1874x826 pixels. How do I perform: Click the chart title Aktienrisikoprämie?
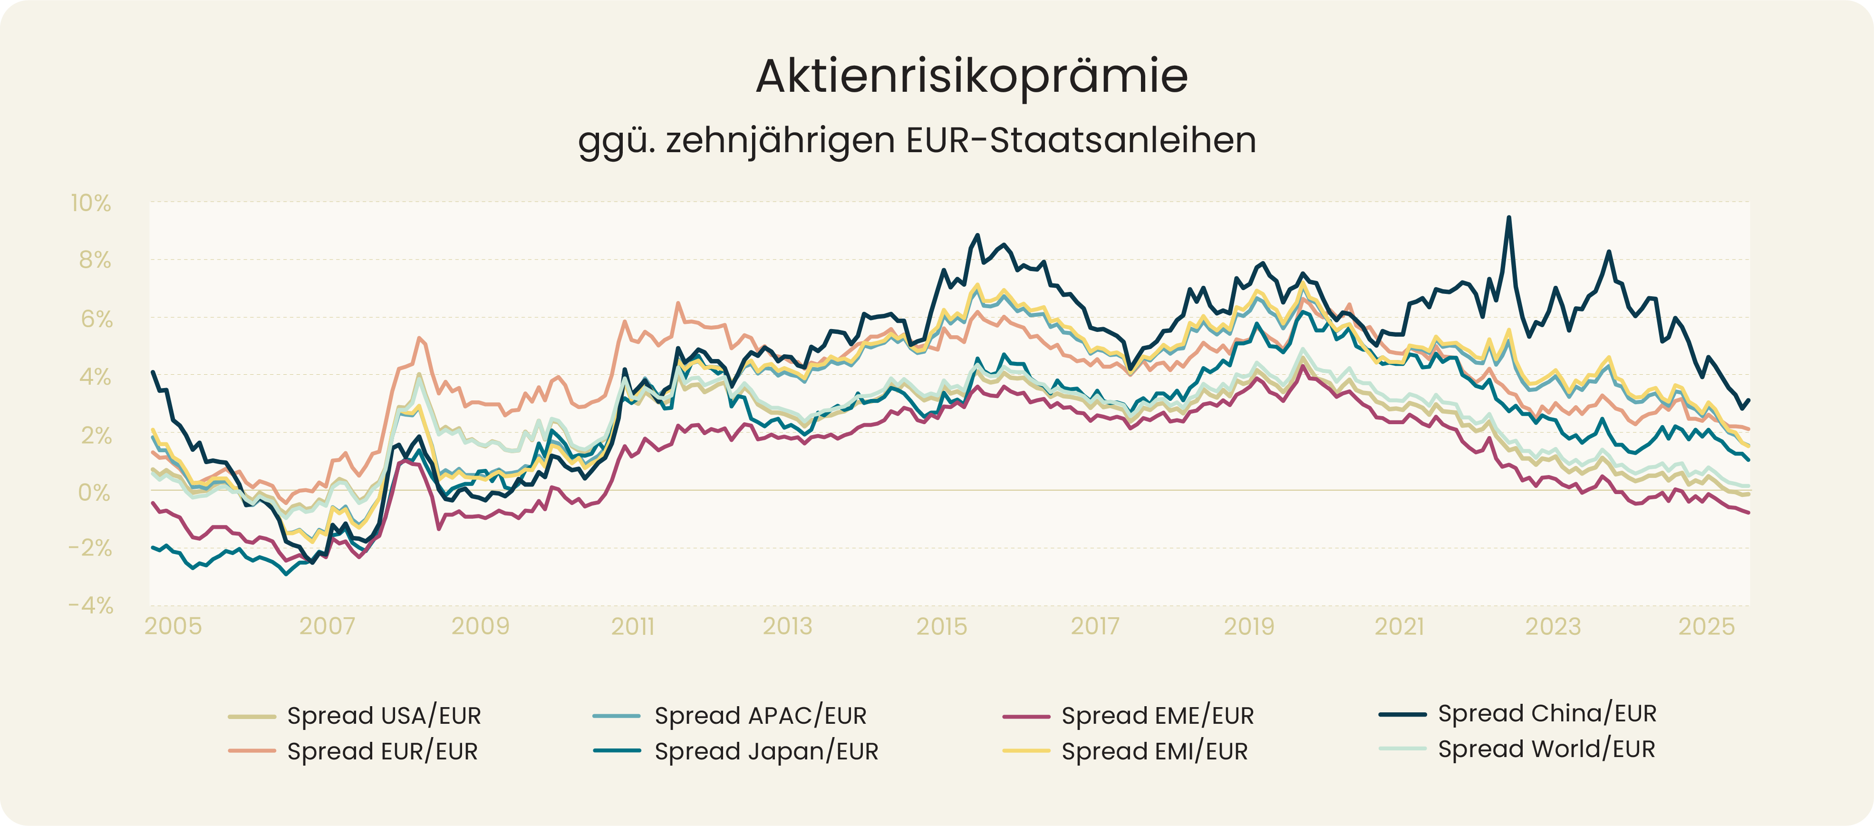coord(971,76)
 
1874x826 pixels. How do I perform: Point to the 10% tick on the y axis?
coord(91,203)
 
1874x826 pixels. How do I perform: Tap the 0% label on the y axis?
coord(95,493)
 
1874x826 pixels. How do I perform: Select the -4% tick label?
coord(91,605)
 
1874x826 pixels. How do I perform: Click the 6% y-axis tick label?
coord(96,319)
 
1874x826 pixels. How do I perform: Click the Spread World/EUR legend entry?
coord(1546,749)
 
